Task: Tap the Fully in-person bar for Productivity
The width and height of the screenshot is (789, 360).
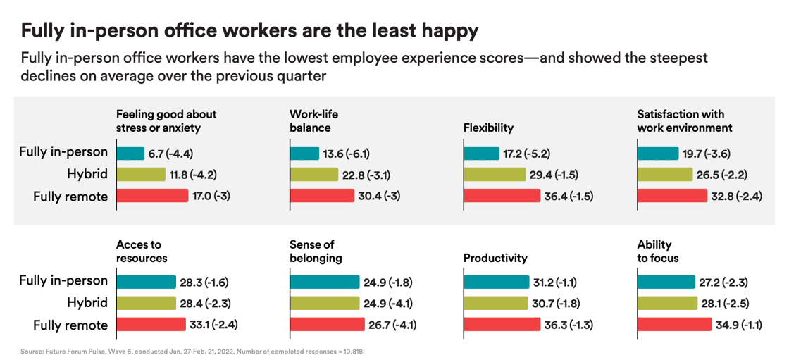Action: click(x=496, y=282)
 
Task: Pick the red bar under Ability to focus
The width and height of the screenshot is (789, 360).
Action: click(x=674, y=324)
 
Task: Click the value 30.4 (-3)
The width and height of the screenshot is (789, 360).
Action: click(x=380, y=196)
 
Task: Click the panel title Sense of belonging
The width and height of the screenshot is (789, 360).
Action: click(x=316, y=251)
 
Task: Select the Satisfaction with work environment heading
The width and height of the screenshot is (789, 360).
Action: click(x=684, y=120)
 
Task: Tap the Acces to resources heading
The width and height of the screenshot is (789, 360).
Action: click(x=142, y=251)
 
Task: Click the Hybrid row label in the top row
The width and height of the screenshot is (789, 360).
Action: click(x=88, y=174)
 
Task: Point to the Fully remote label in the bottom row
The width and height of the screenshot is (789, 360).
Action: click(x=70, y=325)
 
